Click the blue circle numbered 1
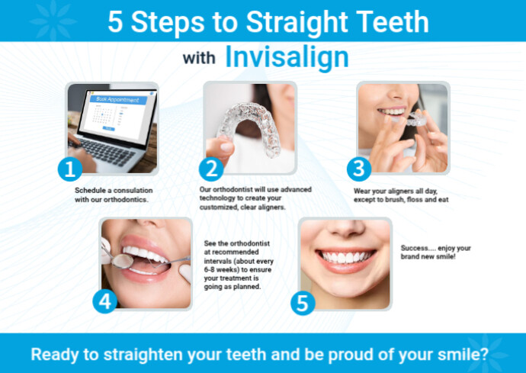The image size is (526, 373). (69, 168)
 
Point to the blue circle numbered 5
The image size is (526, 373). (303, 303)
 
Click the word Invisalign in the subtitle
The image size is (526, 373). (287, 57)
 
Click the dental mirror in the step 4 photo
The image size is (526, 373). (120, 259)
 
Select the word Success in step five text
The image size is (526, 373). (417, 249)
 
